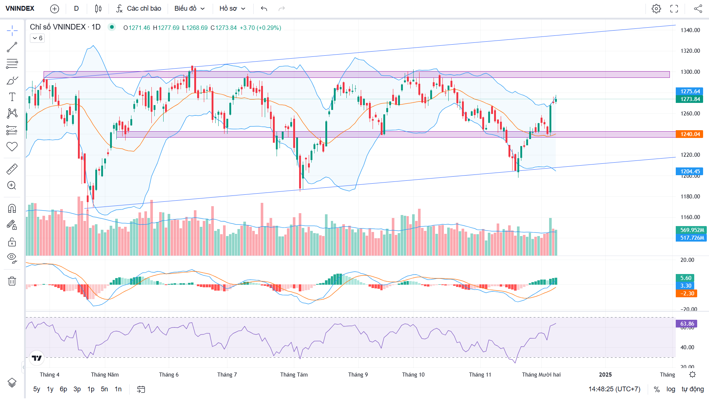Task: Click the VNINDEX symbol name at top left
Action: pos(20,8)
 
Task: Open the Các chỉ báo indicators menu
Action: pos(139,8)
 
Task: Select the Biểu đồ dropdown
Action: pos(189,8)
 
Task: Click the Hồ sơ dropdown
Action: pos(232,8)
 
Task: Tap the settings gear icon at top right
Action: pos(656,8)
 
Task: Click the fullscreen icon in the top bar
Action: pos(674,8)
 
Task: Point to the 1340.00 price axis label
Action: pos(690,30)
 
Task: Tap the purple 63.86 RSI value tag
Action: pos(687,324)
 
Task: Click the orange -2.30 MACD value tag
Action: pos(687,294)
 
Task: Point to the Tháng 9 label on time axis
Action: pos(358,375)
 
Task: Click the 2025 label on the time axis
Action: pos(605,375)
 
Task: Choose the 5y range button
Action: pos(37,389)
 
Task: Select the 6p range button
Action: pos(64,389)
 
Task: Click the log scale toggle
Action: pos(671,389)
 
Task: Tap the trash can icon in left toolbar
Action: pos(12,281)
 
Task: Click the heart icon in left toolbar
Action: pos(12,146)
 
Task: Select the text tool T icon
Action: pos(12,97)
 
